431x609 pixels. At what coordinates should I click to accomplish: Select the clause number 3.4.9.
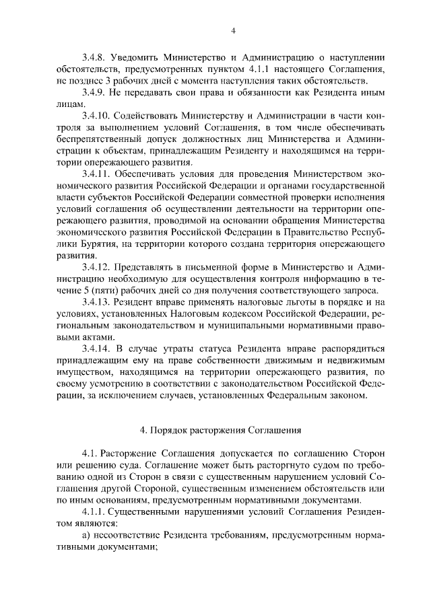click(93, 92)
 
